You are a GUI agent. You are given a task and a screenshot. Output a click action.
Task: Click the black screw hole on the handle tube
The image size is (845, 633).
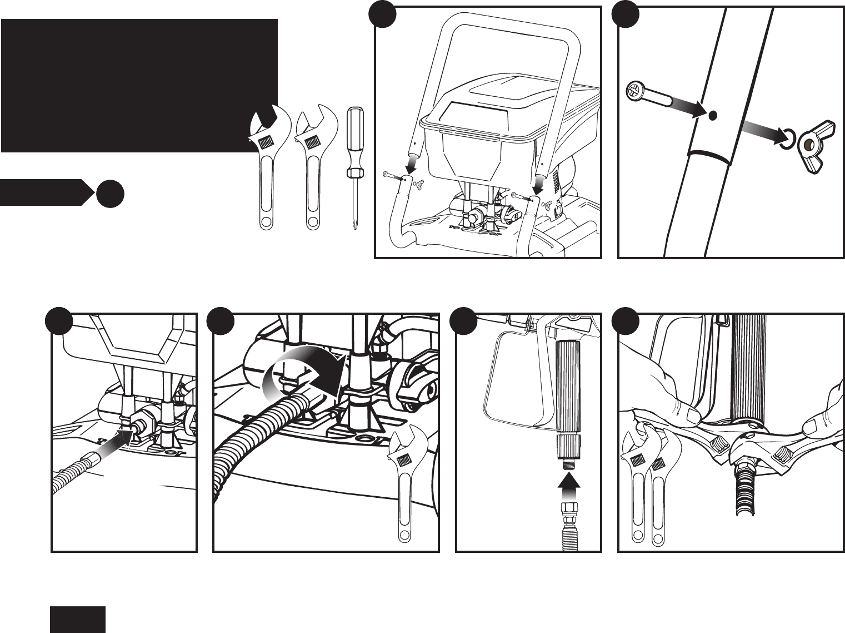tap(713, 116)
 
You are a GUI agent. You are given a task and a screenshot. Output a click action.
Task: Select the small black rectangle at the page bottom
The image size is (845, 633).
tap(78, 619)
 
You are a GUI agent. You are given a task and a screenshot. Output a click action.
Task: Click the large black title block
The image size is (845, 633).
tap(139, 85)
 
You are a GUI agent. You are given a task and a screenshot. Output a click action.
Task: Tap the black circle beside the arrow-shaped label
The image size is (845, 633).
tap(109, 193)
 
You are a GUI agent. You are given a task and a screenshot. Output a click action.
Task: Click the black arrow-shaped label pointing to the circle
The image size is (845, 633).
tap(44, 192)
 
